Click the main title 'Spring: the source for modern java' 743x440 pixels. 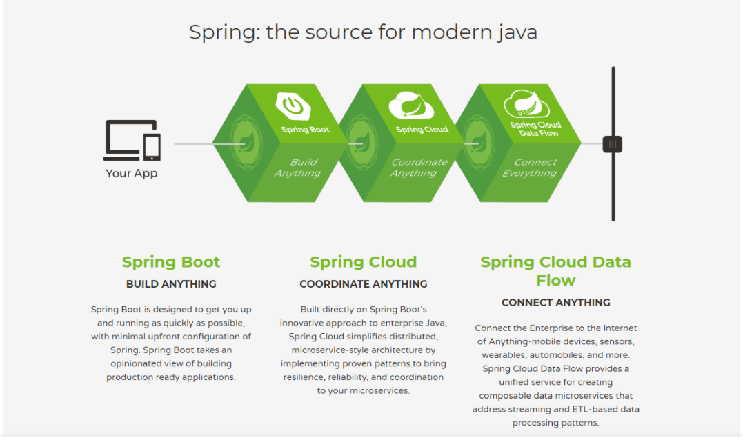tap(363, 32)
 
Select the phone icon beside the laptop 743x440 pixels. tap(152, 147)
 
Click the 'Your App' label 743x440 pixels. tap(132, 173)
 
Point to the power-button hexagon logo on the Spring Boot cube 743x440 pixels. tap(293, 106)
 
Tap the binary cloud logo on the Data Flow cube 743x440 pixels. tap(526, 106)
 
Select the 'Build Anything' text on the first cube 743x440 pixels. tap(298, 168)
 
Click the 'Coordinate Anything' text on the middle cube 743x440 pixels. tap(419, 168)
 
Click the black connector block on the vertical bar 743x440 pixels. tap(613, 144)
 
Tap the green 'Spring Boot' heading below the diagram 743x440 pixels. tap(171, 262)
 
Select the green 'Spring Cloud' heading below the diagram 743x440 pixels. tap(364, 262)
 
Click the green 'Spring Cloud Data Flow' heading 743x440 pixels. tap(555, 271)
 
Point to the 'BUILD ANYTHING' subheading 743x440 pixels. tap(171, 284)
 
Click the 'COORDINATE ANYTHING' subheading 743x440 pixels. tap(364, 284)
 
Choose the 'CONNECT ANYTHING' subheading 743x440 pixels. tap(555, 303)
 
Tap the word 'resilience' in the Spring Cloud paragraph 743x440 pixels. tap(306, 377)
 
